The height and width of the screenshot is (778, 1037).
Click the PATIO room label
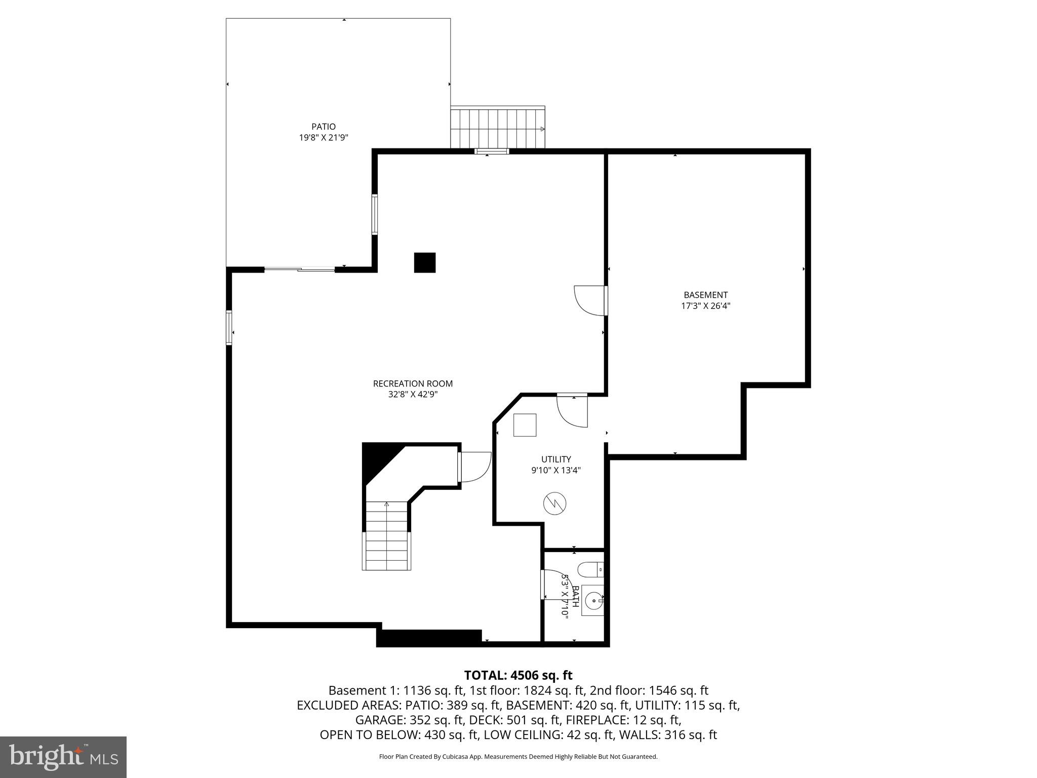323,127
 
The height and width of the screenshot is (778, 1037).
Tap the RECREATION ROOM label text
413,383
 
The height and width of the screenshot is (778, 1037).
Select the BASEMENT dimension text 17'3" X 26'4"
705,306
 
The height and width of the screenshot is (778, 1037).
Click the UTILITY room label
555,459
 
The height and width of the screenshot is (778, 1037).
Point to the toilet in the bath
590,570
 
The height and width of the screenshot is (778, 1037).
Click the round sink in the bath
592,601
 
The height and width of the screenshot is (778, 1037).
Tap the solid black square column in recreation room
425,262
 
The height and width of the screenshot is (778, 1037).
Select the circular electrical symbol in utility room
554,503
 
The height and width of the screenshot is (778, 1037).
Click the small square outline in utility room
525,425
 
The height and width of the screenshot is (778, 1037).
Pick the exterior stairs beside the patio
498,128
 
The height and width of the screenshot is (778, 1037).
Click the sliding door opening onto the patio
300,269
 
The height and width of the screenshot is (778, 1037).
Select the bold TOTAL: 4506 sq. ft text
518,675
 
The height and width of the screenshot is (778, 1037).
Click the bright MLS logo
63,757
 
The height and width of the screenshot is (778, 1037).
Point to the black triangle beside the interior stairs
377,459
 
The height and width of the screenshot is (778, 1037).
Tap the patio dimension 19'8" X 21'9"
323,137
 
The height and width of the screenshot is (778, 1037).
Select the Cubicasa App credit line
518,757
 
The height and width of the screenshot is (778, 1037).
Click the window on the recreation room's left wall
229,328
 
